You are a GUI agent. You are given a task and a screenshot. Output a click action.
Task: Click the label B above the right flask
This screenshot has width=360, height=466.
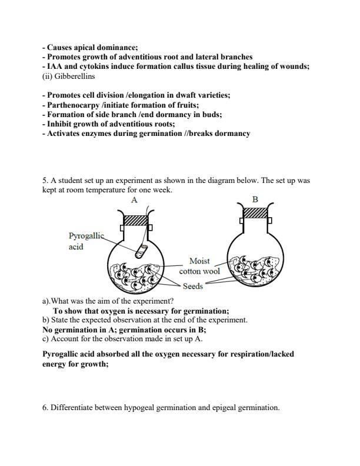point(255,200)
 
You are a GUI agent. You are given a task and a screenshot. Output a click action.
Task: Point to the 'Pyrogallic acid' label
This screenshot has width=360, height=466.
point(85,241)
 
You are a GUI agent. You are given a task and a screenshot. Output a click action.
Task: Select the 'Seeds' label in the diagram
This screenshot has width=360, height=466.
point(193,287)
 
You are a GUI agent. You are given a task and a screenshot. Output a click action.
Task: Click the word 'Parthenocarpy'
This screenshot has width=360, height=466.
point(73,105)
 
